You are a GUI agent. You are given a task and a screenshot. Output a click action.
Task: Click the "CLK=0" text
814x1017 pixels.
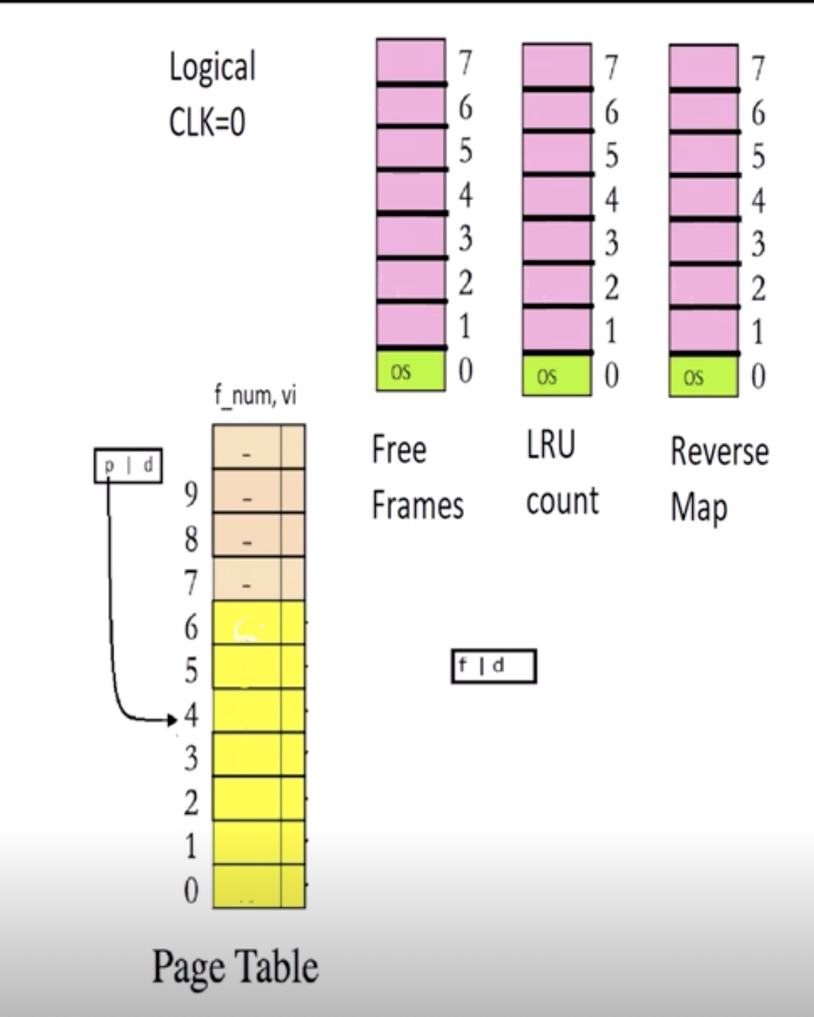click(207, 122)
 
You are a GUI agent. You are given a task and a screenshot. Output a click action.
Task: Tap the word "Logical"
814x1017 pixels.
click(213, 68)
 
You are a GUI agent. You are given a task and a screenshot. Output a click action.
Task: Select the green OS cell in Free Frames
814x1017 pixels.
click(410, 371)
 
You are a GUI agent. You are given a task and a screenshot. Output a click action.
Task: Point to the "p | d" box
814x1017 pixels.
click(128, 466)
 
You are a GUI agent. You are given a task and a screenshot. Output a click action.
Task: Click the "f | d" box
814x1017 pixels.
click(494, 666)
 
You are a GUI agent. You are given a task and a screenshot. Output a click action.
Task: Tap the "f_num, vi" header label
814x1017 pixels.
click(255, 396)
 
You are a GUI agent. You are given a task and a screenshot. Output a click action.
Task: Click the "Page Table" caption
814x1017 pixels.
click(235, 967)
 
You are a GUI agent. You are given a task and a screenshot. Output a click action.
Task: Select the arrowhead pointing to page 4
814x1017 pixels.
click(173, 720)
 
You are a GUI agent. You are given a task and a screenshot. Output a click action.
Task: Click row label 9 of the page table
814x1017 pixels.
click(191, 494)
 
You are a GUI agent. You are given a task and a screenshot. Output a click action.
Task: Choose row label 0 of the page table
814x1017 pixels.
click(191, 890)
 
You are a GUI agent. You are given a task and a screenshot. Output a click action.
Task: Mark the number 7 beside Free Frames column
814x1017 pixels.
click(465, 63)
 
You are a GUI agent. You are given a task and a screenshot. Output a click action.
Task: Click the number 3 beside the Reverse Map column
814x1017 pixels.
click(758, 244)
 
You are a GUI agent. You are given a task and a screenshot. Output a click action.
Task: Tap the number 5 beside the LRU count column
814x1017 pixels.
click(612, 156)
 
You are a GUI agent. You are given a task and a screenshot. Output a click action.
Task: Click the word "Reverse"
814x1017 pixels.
click(719, 452)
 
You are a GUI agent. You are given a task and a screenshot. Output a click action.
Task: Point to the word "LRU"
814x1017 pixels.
click(551, 446)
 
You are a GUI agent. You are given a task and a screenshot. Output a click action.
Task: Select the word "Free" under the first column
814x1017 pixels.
click(400, 450)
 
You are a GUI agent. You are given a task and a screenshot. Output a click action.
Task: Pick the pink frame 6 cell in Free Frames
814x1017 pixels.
click(410, 106)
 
